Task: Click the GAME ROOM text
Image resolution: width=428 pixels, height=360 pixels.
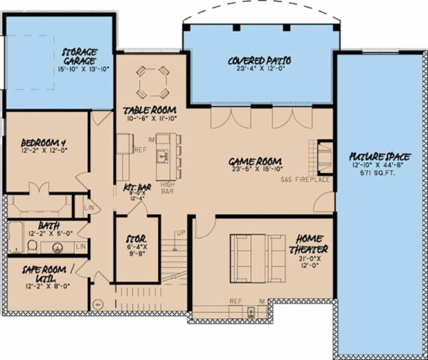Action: click(255, 161)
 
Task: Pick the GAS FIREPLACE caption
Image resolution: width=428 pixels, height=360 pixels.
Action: click(305, 179)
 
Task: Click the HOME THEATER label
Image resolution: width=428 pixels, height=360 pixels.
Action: click(310, 243)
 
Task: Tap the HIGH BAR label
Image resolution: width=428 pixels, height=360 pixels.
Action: click(167, 187)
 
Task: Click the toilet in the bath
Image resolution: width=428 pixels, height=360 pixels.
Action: click(31, 247)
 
